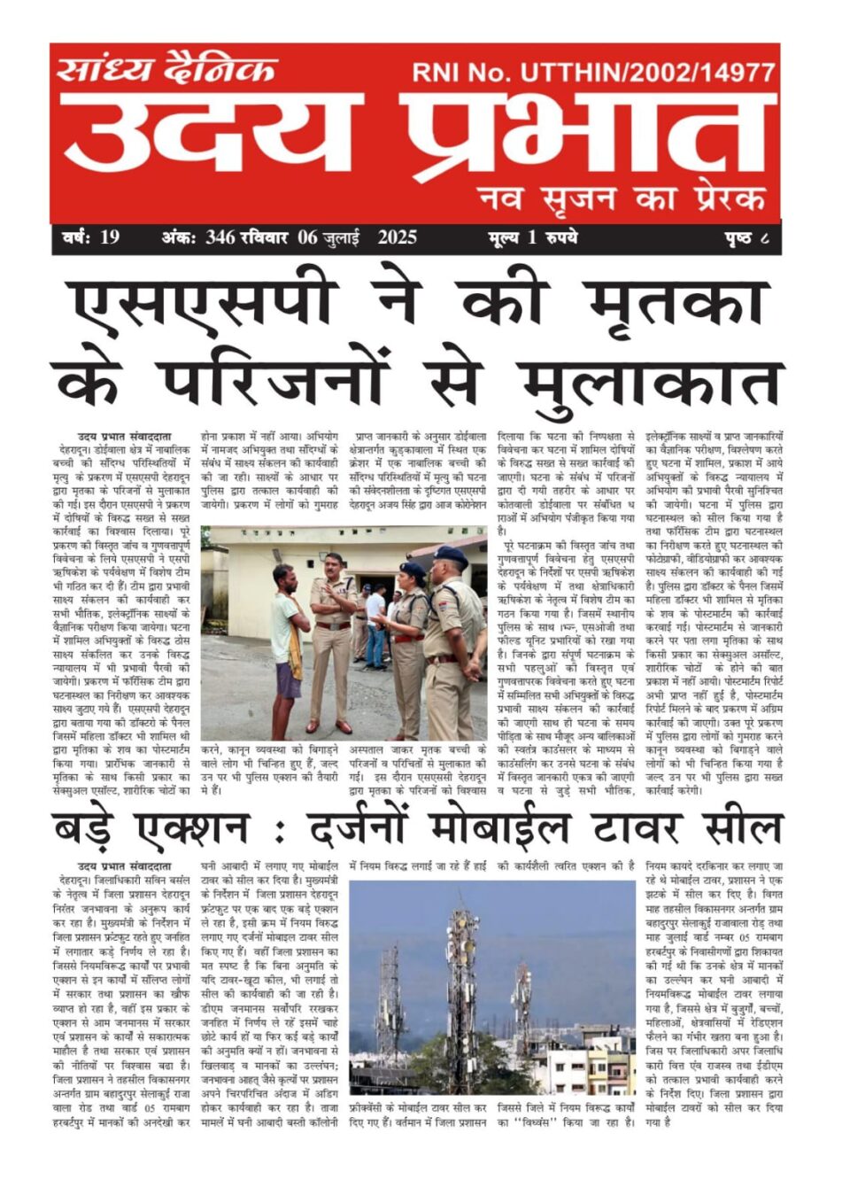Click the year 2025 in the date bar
(x=397, y=237)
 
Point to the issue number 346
(x=220, y=237)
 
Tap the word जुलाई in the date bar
(x=341, y=237)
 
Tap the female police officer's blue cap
(x=413, y=569)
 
